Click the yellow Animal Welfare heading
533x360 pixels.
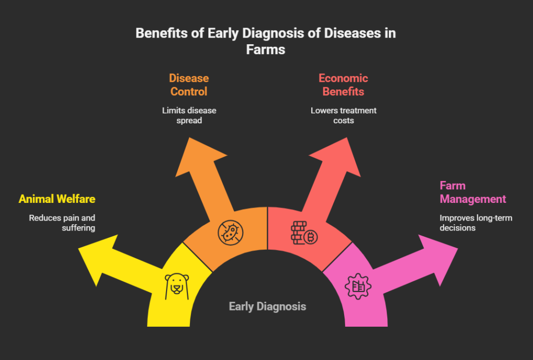[x=57, y=199]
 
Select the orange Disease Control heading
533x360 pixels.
[x=188, y=85]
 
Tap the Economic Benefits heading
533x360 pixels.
[x=343, y=85]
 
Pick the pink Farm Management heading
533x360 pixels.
[x=473, y=192]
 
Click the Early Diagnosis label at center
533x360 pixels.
[x=268, y=306]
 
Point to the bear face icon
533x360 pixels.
[x=176, y=285]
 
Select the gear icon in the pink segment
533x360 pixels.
[x=358, y=285]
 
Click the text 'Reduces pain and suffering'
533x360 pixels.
[x=62, y=223]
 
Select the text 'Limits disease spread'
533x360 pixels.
[x=188, y=115]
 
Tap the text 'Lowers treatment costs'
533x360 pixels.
[x=343, y=115]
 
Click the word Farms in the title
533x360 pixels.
[x=266, y=49]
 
